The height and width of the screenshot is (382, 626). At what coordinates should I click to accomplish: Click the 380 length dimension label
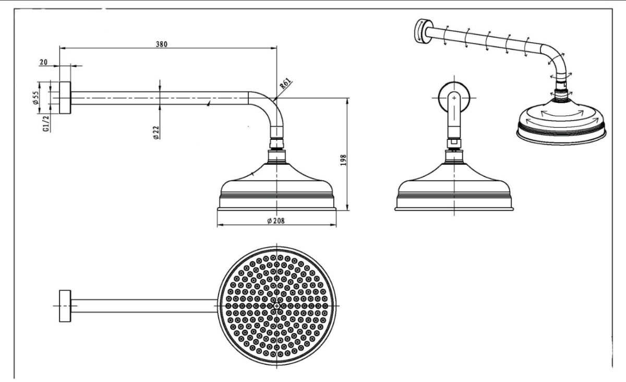click(162, 44)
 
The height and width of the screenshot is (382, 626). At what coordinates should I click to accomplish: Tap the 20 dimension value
click(43, 62)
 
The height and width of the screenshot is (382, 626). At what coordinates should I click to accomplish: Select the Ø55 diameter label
click(35, 98)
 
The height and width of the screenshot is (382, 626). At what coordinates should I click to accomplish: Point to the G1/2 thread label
click(46, 124)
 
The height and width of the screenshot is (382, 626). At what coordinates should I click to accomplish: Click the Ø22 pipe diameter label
click(156, 132)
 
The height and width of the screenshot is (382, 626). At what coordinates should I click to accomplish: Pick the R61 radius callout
click(286, 83)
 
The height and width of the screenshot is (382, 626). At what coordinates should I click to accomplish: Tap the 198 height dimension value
click(343, 160)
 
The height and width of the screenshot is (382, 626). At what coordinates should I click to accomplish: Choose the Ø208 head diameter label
click(276, 221)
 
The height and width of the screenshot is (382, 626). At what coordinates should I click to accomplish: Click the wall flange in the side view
click(65, 98)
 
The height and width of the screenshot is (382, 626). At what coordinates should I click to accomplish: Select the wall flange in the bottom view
click(65, 306)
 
